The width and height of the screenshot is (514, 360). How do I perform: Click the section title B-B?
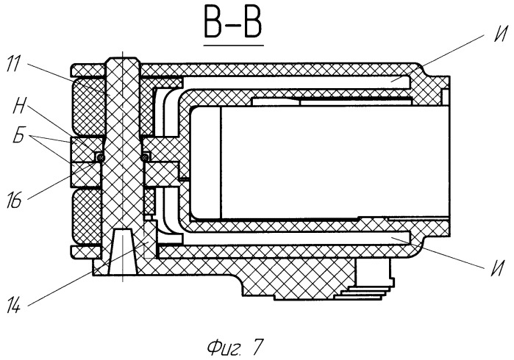(x=233, y=24)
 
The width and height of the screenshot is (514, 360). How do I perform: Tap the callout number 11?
(x=13, y=64)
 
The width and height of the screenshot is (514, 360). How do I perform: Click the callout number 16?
(x=14, y=200)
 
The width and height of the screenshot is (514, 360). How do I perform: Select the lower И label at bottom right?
(x=497, y=268)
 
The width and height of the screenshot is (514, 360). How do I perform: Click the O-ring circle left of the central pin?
(x=101, y=158)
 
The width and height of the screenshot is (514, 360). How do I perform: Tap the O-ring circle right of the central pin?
(x=143, y=158)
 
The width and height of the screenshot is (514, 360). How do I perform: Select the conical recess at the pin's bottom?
(x=123, y=251)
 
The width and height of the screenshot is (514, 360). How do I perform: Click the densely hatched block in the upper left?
(x=89, y=107)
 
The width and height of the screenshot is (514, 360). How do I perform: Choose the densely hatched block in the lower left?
(x=88, y=217)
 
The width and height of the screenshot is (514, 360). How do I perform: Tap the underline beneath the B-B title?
(x=233, y=45)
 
